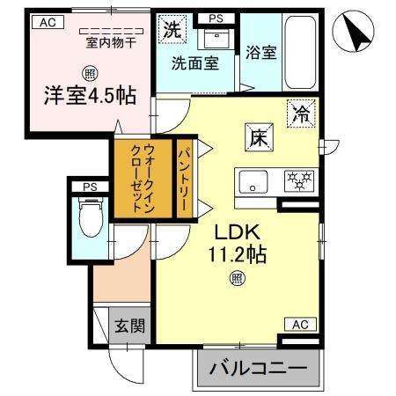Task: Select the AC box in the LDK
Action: point(299,325)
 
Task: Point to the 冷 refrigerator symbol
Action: point(300,114)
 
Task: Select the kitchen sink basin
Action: point(255,183)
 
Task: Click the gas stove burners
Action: point(298,182)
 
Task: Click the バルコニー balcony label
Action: point(255,369)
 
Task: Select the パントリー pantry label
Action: point(186,177)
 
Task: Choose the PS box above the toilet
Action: point(90,187)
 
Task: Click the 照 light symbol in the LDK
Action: point(238,279)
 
